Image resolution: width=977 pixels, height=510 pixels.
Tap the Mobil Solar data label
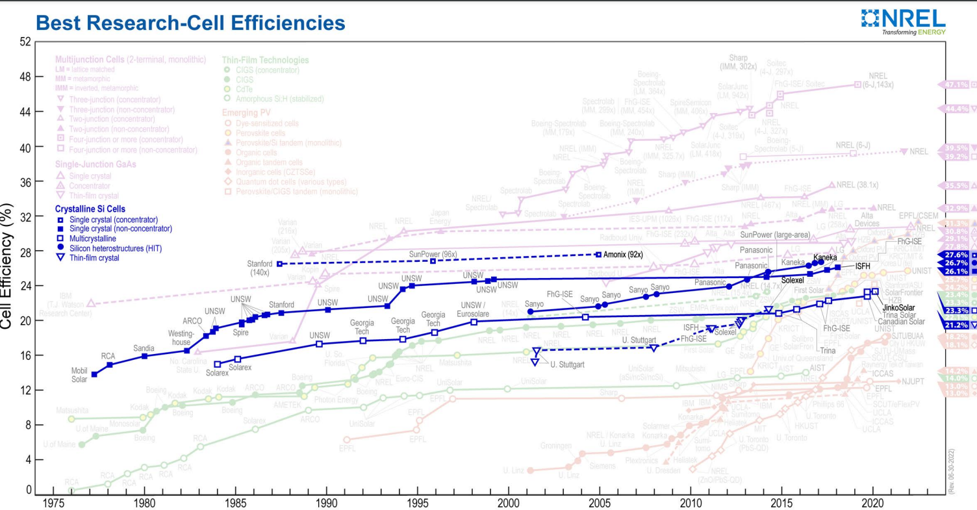tap(74, 375)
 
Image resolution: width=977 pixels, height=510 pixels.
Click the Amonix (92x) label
tap(623, 254)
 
